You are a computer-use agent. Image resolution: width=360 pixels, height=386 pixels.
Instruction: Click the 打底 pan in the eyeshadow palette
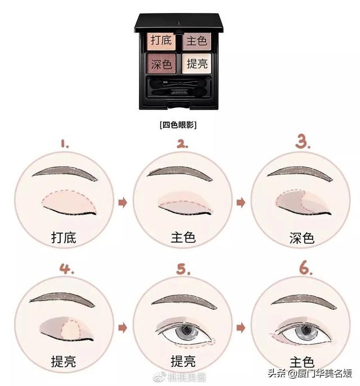click(162, 41)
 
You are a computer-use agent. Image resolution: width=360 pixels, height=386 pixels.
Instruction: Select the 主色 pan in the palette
click(195, 41)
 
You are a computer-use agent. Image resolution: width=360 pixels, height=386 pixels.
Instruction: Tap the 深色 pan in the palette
click(162, 63)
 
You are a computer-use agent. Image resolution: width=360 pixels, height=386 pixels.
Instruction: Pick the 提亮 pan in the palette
click(195, 64)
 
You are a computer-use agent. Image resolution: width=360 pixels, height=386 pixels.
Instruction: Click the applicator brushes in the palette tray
click(179, 88)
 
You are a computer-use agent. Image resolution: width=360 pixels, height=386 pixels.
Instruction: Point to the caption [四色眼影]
click(179, 124)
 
